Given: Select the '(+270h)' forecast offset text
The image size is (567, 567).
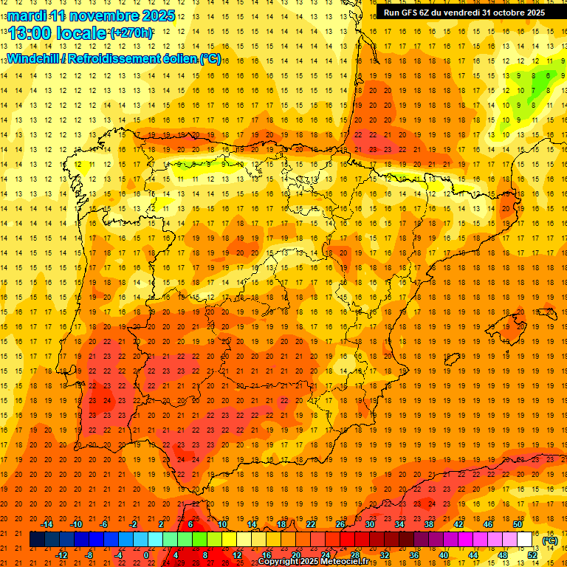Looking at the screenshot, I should (x=131, y=32).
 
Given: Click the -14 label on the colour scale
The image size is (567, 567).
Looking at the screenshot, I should (x=48, y=524).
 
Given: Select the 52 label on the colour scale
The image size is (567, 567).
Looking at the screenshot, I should (x=532, y=555).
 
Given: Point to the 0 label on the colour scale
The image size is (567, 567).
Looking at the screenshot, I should (x=146, y=555).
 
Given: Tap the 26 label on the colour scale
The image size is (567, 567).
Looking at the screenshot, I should (x=340, y=524).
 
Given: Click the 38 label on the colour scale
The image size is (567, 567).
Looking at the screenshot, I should (x=428, y=524).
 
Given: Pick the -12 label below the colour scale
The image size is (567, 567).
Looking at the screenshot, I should (x=62, y=555).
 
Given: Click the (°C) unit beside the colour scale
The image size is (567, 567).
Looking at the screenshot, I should (x=550, y=540).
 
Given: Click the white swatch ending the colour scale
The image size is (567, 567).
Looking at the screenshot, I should (x=525, y=540).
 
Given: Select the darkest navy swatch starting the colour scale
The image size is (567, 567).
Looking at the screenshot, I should (x=37, y=540).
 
